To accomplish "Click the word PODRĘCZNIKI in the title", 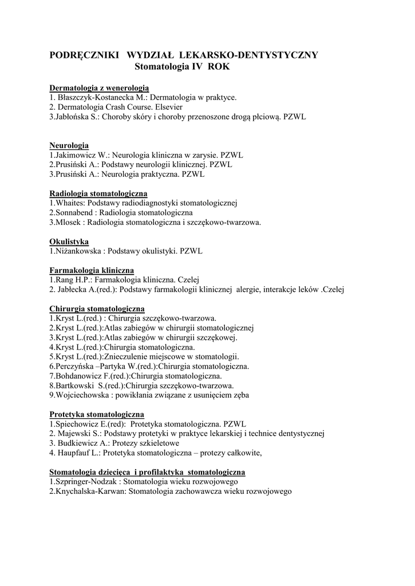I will [84, 55].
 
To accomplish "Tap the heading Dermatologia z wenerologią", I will [99, 88].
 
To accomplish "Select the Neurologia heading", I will [69, 145].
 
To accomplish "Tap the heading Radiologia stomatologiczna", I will [98, 193].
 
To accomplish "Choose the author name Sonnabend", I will [72, 212].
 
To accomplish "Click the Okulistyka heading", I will [69, 241].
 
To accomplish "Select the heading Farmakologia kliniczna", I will [92, 270].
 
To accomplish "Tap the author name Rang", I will [61, 280].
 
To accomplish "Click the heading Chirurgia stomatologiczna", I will [97, 308].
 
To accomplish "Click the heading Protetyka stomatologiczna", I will [97, 414].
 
